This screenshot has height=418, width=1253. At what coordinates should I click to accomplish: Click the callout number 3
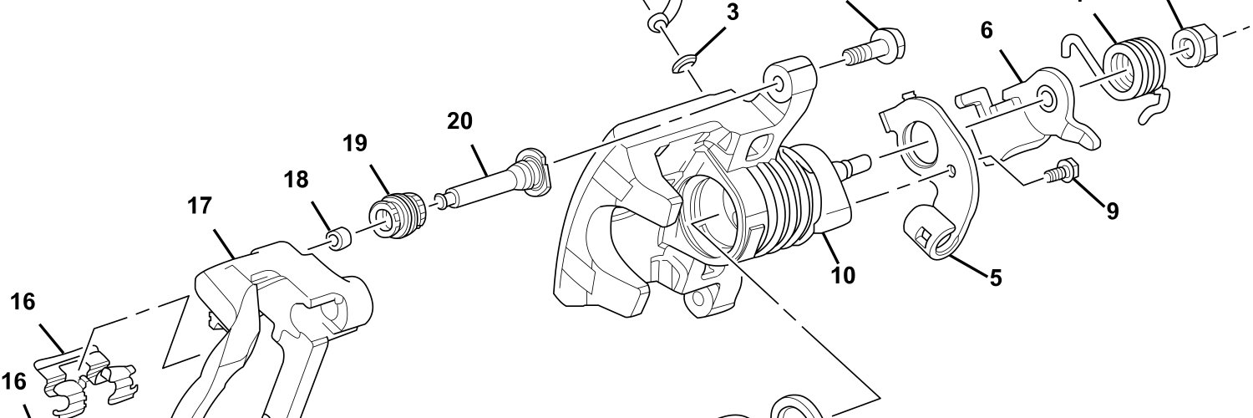coord(732,13)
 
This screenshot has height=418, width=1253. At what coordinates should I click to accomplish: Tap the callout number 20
coord(459,121)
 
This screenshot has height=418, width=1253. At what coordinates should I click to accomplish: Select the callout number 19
coord(355,144)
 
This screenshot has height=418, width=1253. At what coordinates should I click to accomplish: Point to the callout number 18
coord(296,181)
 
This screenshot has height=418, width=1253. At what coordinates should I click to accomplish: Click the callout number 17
coord(200,206)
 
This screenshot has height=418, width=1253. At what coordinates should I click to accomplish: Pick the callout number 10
coord(843,275)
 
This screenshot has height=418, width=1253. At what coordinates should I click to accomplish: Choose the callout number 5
coord(995,278)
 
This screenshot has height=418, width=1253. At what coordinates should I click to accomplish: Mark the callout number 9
coord(1112,211)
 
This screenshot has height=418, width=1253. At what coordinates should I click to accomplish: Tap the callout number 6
coord(987,31)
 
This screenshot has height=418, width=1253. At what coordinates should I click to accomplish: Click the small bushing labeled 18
coord(339,239)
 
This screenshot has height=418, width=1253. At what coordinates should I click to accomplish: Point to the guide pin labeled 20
coord(493,179)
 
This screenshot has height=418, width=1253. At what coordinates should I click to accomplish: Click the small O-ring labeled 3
coord(683,64)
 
